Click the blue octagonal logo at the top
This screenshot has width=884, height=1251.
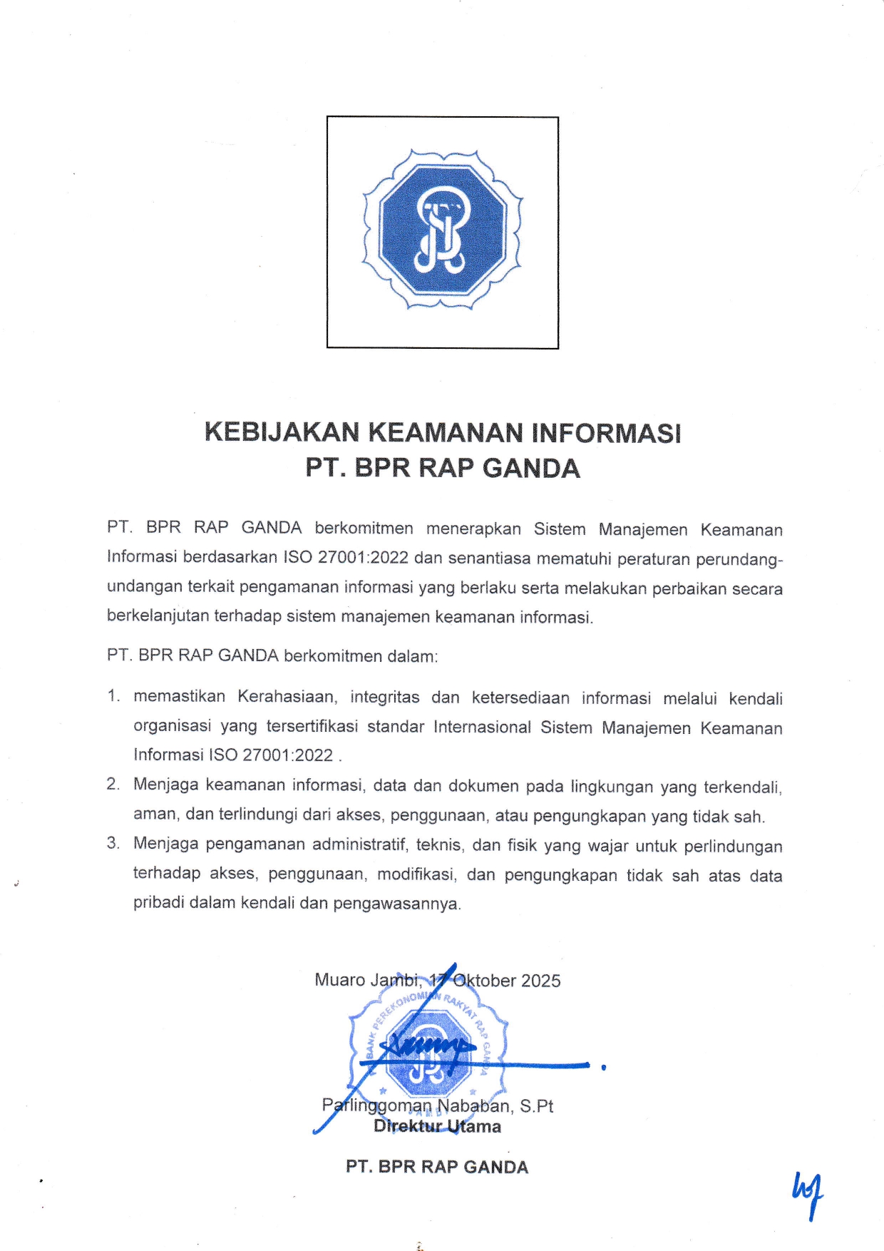[x=443, y=232]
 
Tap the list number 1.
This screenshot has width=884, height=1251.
[x=113, y=697]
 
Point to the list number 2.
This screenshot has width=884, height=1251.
[x=113, y=785]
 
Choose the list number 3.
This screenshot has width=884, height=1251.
[x=113, y=844]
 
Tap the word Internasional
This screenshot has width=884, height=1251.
[x=482, y=727]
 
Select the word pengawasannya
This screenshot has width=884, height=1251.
[x=397, y=904]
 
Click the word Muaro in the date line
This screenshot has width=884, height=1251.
[x=340, y=980]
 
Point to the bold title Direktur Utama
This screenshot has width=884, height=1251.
[x=437, y=1127]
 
